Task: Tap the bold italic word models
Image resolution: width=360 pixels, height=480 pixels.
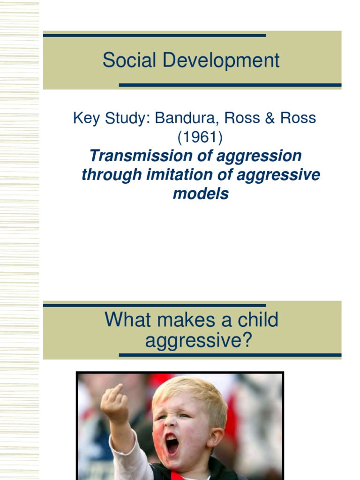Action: click(x=201, y=193)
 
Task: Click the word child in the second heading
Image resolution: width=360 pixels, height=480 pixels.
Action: click(x=256, y=320)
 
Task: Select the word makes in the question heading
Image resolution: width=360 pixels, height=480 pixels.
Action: click(x=182, y=320)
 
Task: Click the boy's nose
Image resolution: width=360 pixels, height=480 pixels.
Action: click(x=171, y=423)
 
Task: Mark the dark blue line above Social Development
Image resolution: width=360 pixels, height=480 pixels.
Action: click(x=155, y=35)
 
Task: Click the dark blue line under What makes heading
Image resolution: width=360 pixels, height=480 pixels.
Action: click(x=230, y=355)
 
